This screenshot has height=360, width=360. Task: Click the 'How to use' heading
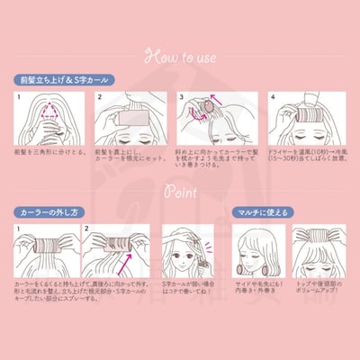coord(180,56)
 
